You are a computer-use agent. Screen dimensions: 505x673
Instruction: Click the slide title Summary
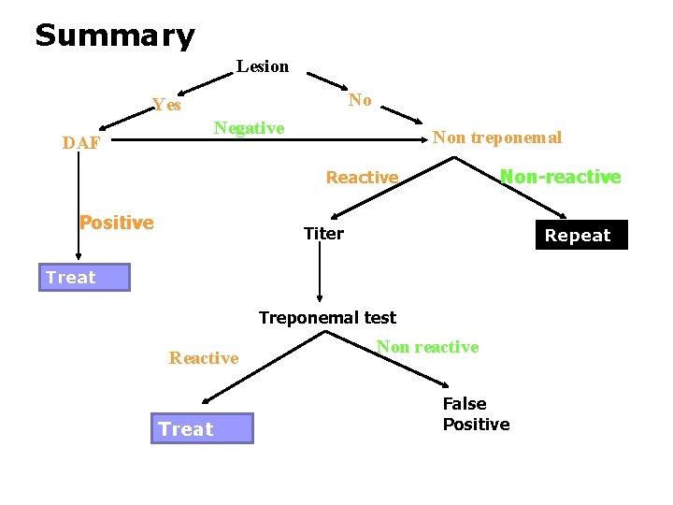click(x=114, y=36)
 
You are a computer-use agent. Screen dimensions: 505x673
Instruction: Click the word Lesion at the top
click(x=263, y=66)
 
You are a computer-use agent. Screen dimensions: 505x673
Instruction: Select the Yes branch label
click(x=167, y=105)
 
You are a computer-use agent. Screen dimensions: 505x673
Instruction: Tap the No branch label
click(x=360, y=100)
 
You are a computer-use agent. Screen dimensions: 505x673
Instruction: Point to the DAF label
click(x=81, y=143)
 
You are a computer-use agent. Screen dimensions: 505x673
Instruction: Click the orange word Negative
click(x=249, y=128)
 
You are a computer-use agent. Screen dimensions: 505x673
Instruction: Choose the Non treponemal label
click(x=497, y=137)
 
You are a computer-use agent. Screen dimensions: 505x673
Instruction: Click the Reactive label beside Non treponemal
click(x=362, y=178)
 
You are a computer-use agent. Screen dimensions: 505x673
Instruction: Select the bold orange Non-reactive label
click(x=560, y=177)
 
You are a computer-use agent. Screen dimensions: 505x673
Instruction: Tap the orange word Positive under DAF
click(x=116, y=223)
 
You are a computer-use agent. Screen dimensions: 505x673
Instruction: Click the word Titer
click(x=323, y=234)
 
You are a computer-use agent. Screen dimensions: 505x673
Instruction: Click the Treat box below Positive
click(x=84, y=278)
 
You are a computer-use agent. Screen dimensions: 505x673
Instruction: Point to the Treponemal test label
click(x=327, y=318)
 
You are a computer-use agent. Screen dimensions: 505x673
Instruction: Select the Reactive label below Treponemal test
click(x=204, y=358)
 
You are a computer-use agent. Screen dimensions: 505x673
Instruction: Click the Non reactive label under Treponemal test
click(x=427, y=347)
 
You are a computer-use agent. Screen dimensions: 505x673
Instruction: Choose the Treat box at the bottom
click(x=201, y=429)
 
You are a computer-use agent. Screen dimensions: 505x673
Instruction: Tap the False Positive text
click(x=476, y=414)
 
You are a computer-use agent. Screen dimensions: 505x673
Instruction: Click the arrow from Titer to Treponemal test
click(x=320, y=276)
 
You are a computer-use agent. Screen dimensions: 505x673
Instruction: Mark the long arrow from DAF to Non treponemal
click(x=271, y=144)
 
